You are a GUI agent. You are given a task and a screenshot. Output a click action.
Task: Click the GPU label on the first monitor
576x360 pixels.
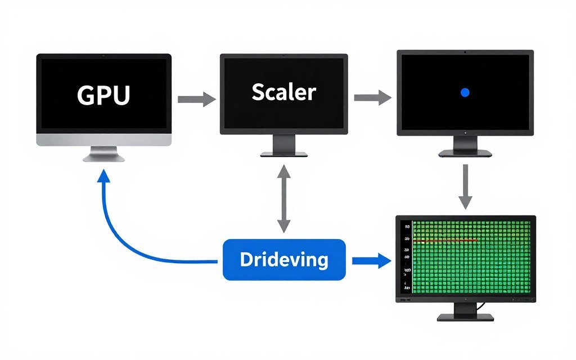[103, 96]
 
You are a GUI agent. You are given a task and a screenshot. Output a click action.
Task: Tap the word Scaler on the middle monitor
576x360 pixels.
[283, 92]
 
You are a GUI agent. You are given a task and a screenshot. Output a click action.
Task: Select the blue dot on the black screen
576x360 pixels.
[465, 92]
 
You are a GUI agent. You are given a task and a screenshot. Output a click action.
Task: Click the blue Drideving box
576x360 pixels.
[284, 259]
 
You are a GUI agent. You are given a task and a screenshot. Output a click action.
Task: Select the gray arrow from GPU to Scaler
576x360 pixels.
[196, 100]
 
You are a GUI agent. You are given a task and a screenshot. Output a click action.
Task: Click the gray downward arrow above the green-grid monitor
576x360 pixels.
[465, 186]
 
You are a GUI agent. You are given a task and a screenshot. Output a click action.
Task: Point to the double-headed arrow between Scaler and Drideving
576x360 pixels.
[284, 197]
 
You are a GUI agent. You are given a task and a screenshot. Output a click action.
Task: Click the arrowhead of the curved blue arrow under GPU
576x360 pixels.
[103, 178]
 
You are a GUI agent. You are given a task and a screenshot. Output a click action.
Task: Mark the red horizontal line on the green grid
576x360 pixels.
[445, 240]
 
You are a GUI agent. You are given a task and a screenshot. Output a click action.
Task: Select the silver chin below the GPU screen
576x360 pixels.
[103, 139]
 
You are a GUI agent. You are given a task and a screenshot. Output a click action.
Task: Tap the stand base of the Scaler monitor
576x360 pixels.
[283, 154]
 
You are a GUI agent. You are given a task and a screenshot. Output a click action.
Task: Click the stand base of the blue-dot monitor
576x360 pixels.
[465, 153]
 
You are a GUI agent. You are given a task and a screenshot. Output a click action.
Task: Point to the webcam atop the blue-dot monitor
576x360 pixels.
[465, 52]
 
